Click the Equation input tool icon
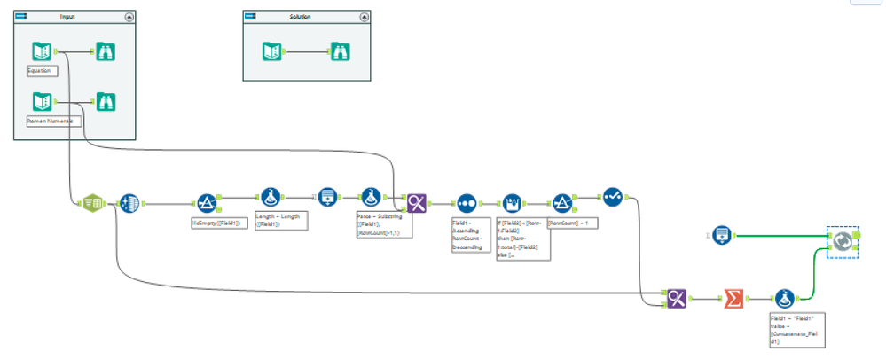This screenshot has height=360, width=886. tap(42, 51)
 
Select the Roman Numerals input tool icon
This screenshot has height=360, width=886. tap(42, 100)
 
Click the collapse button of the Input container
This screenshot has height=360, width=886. tap(129, 17)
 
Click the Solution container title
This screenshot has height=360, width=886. tap(300, 17)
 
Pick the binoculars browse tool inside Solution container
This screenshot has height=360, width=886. tap(341, 51)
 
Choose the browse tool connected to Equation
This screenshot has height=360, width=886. tap(105, 51)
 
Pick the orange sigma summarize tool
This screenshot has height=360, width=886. tap(733, 299)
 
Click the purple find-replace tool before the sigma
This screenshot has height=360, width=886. tap(676, 299)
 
